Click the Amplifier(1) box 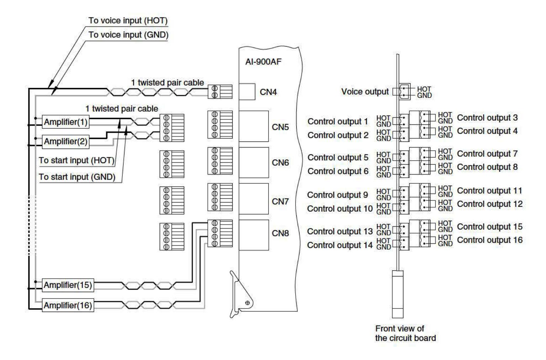[65, 122]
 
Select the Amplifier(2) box [65, 141]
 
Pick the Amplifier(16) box [68, 305]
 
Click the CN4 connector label [268, 92]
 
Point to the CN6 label [280, 163]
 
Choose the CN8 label [280, 233]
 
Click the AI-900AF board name [263, 61]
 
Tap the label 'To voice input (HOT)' [128, 21]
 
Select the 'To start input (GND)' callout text [77, 177]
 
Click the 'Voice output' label [365, 92]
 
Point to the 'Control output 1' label [338, 122]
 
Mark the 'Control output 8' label [487, 167]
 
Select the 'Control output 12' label [490, 204]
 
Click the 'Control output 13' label [340, 231]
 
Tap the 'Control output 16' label [490, 240]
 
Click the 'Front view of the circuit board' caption [405, 333]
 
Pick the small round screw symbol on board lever [248, 303]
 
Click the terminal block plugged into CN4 [220, 92]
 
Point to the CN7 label [280, 202]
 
